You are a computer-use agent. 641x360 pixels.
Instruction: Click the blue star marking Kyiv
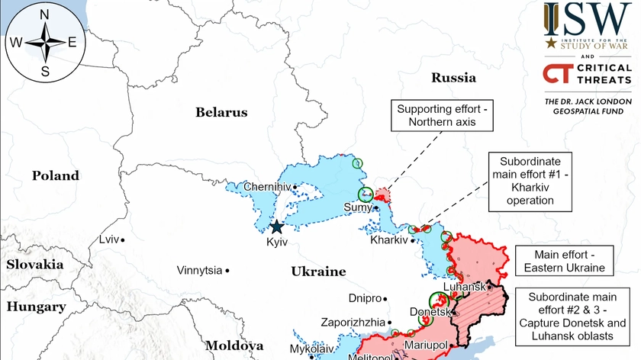tap(275, 227)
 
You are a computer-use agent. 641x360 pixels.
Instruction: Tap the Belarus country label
tap(221, 112)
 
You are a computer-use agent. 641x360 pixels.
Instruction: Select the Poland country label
tap(55, 175)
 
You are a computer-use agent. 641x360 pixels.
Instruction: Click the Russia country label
tap(453, 77)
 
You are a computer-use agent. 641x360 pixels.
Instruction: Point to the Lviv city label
tap(109, 239)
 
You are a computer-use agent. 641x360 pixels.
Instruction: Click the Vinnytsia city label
tap(199, 270)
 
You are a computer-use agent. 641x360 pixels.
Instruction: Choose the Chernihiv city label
tap(267, 187)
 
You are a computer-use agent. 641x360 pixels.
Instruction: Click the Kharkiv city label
tap(389, 239)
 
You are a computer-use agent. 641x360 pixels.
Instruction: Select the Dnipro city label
tap(363, 298)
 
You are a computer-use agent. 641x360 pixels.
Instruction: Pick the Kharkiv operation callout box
tap(530, 182)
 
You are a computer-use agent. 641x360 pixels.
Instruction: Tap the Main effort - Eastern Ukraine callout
tap(564, 261)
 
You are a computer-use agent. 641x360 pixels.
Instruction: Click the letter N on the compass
tap(44, 14)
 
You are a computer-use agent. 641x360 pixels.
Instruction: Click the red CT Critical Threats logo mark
tap(555, 73)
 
